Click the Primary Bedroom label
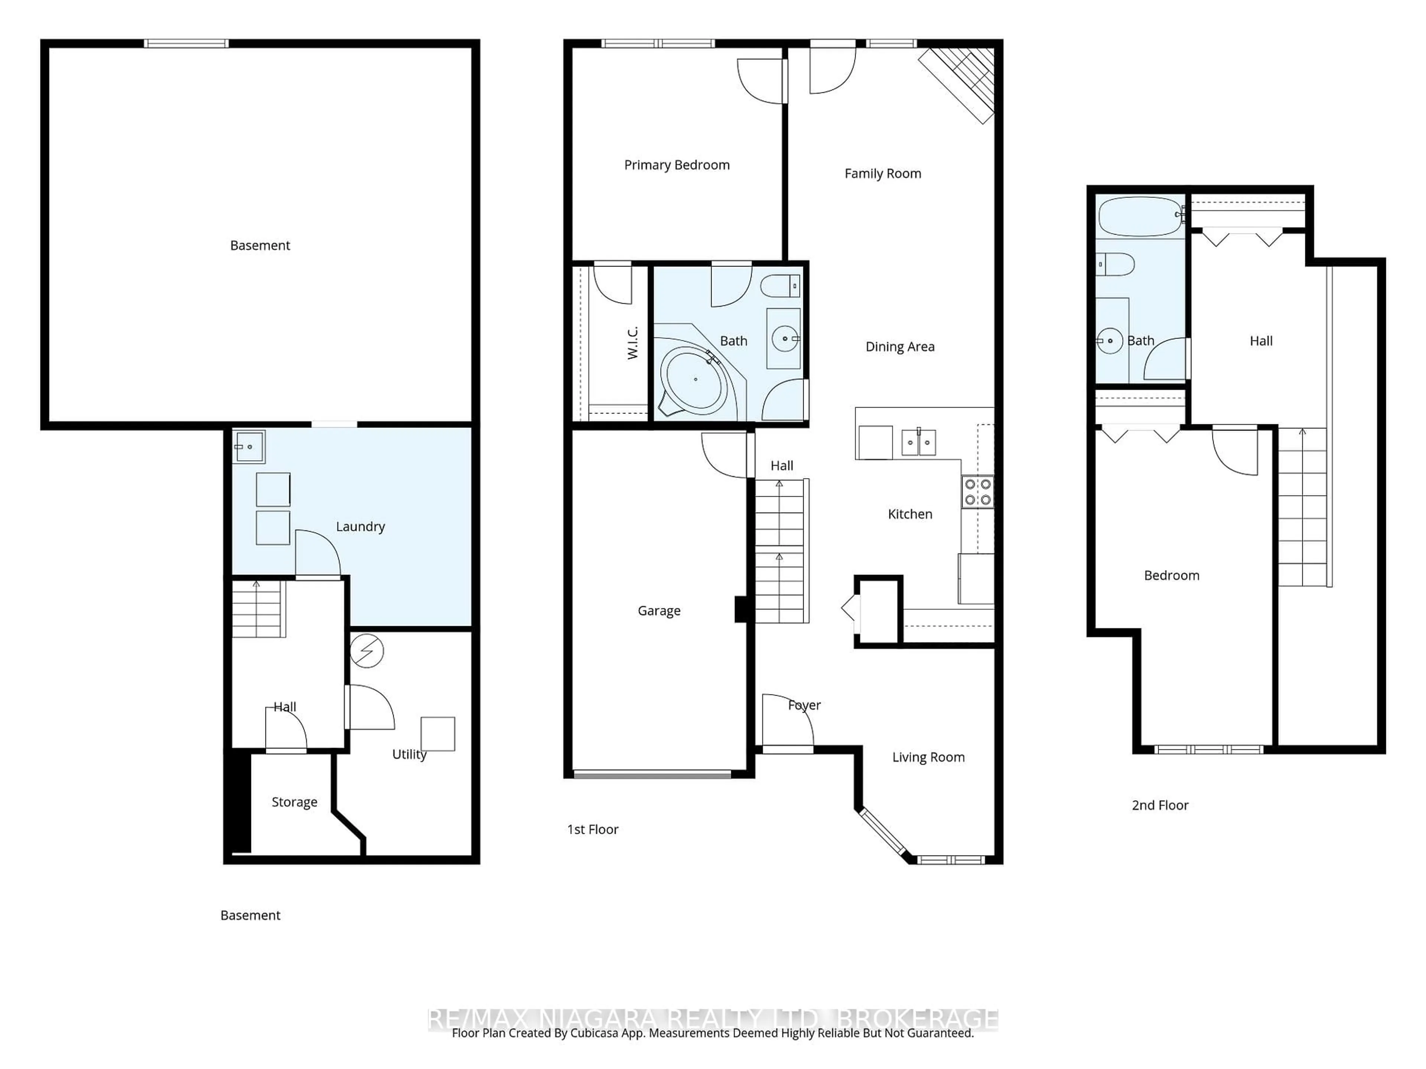click(x=676, y=165)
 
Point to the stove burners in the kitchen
click(x=977, y=492)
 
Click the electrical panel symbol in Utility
click(x=367, y=651)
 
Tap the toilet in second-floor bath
click(x=1115, y=264)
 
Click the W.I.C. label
click(x=632, y=343)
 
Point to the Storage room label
click(x=294, y=802)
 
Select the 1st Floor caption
click(x=592, y=829)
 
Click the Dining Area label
click(x=899, y=347)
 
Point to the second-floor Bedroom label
click(x=1171, y=575)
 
